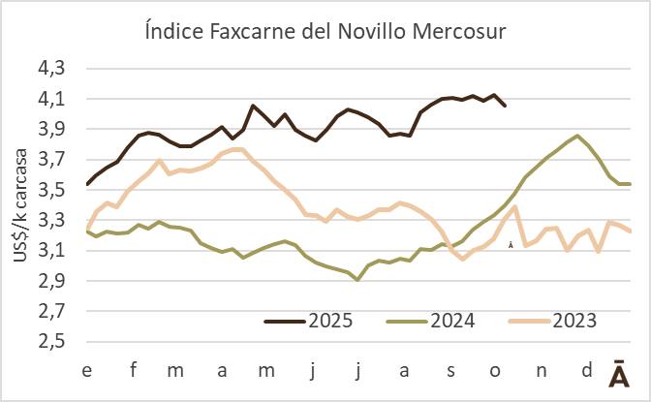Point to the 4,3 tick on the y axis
55,69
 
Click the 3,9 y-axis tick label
55,130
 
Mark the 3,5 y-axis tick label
55,190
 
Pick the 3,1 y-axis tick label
55,251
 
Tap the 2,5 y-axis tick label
55,342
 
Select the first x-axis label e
87,370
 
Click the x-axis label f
134,370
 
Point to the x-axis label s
450,370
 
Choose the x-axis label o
496,370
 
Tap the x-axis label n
541,370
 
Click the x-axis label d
586,370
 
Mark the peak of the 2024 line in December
577,136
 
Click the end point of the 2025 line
505,106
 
